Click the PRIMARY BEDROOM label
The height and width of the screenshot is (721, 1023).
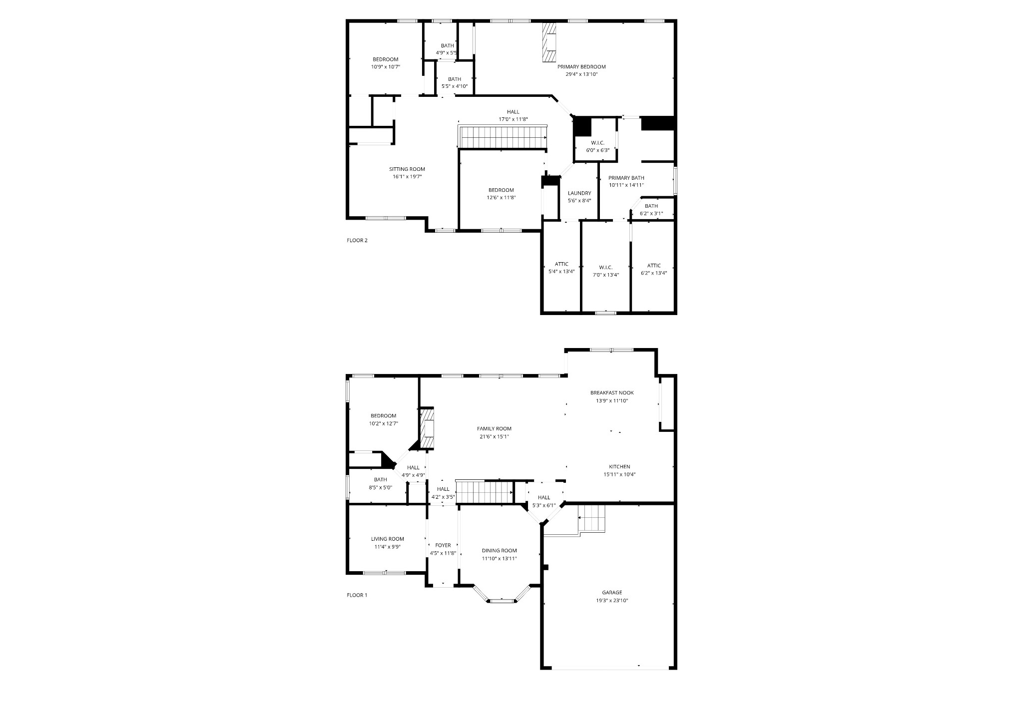(581, 67)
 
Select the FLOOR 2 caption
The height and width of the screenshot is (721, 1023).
(357, 240)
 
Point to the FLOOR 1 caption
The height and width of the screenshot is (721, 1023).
(357, 595)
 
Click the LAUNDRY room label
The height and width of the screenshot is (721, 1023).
(579, 193)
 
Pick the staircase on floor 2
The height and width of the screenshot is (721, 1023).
(504, 137)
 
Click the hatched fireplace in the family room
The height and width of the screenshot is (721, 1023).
(427, 429)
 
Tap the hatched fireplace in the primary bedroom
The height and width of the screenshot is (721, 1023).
(549, 42)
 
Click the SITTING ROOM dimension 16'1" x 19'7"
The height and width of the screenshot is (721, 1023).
(407, 177)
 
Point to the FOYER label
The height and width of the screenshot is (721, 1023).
(443, 545)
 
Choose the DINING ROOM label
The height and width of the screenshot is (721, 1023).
(499, 551)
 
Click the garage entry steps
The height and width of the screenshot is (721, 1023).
(591, 518)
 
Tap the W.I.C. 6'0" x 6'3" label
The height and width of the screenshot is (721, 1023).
(597, 143)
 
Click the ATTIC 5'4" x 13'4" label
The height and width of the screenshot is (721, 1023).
(561, 264)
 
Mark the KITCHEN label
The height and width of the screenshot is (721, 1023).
(619, 467)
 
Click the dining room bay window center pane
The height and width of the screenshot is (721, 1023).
(502, 601)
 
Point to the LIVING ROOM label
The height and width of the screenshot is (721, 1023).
(388, 539)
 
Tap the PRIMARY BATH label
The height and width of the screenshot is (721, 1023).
(626, 178)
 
